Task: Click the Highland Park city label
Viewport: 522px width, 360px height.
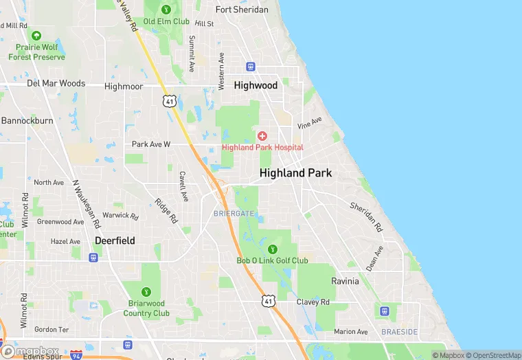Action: (x=295, y=173)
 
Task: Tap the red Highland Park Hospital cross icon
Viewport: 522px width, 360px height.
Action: (x=262, y=135)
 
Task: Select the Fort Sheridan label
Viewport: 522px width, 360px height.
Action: (x=242, y=10)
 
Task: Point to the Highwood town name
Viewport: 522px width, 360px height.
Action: (x=256, y=85)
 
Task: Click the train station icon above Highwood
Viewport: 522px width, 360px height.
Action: (x=251, y=67)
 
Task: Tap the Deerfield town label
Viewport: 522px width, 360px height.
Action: (x=115, y=241)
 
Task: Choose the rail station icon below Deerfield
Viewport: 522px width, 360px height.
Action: (x=93, y=257)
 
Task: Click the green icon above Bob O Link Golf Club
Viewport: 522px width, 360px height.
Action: (x=273, y=249)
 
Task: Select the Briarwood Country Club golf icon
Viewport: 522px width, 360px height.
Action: (x=146, y=292)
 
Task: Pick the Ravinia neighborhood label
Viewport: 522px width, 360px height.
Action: (x=345, y=282)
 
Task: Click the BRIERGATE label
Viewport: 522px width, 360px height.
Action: (x=234, y=214)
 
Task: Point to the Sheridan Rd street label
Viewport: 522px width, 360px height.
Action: (x=365, y=216)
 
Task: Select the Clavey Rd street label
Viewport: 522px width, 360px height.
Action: (x=313, y=302)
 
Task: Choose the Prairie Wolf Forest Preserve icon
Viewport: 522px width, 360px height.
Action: (x=36, y=35)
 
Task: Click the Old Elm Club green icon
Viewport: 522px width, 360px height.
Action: (x=166, y=10)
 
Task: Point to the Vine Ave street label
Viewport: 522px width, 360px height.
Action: (x=310, y=124)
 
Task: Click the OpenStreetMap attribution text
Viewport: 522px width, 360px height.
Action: (x=493, y=355)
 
